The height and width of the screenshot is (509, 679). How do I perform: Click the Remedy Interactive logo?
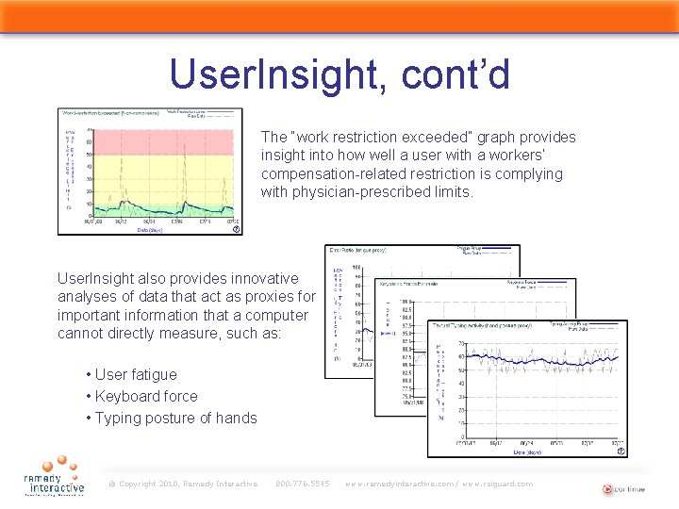click(55, 477)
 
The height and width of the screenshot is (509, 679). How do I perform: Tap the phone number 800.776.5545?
click(302, 484)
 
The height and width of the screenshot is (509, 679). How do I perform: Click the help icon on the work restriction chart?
click(236, 229)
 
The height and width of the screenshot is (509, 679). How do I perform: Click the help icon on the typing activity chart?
click(620, 451)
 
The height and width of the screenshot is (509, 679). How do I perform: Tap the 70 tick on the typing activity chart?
click(461, 343)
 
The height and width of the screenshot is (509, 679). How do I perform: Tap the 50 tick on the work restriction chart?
click(90, 155)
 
